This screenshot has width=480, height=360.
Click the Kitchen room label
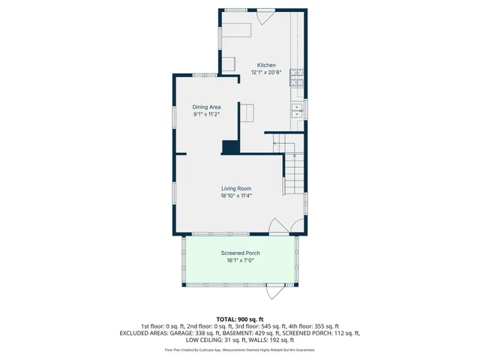(x=266, y=65)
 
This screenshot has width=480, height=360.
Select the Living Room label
(x=236, y=188)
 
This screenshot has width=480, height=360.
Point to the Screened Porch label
(x=240, y=253)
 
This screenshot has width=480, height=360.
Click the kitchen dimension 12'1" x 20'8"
(x=266, y=73)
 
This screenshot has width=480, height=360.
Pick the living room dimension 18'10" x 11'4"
(x=236, y=196)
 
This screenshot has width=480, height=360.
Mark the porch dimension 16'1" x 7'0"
(x=240, y=261)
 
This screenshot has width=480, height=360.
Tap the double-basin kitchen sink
(x=298, y=112)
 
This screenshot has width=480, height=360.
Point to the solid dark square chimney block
(x=230, y=147)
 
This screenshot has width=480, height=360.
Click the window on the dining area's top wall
(x=199, y=74)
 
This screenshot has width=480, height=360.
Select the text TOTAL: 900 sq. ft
(x=240, y=319)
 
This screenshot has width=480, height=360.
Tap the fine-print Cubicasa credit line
(x=240, y=349)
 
